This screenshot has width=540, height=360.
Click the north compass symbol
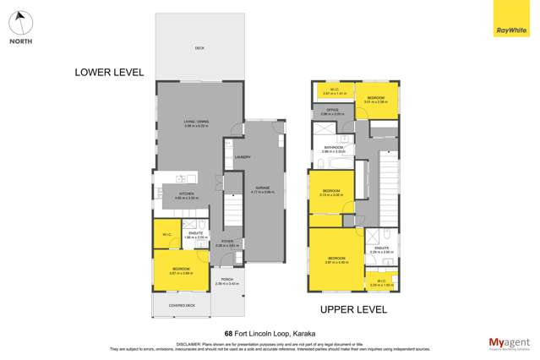click(22, 23)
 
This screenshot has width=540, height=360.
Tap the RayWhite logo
click(506, 19)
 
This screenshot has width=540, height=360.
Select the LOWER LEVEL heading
click(109, 73)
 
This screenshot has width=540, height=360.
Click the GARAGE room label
click(265, 188)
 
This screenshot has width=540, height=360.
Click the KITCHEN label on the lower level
click(186, 194)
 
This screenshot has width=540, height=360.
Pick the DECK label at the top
click(199, 48)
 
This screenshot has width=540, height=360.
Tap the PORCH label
click(226, 280)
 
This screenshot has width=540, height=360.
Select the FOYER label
click(227, 241)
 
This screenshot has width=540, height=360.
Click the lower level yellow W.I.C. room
click(167, 234)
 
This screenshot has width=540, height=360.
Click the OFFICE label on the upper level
click(333, 109)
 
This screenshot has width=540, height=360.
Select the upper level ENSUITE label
click(382, 248)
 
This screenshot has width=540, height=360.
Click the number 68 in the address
click(228, 333)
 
